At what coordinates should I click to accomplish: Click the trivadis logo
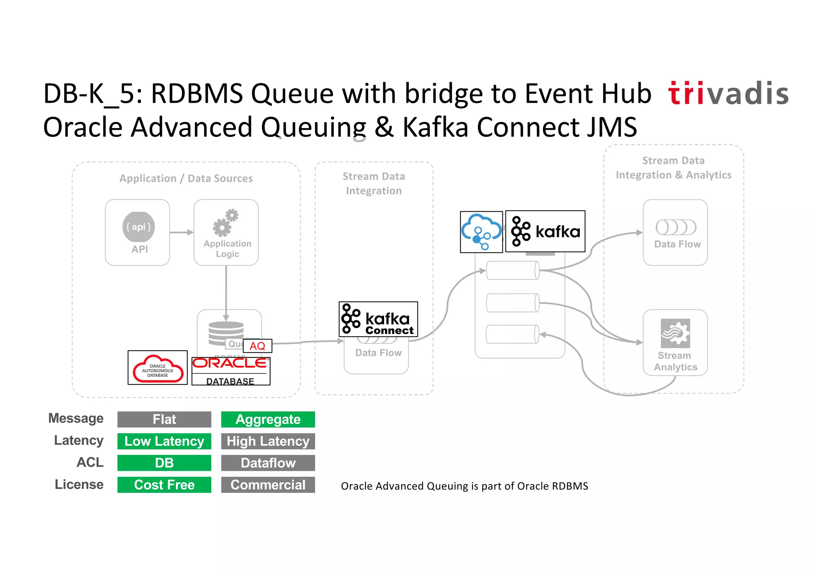coord(728,94)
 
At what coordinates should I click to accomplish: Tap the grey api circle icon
coord(138,227)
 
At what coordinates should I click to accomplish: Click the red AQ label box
coord(257,346)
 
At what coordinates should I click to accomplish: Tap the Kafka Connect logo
coord(378,319)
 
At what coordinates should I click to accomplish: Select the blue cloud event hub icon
coord(481,232)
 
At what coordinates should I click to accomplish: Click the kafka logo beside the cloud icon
coord(545,231)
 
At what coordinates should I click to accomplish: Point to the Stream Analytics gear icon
coord(675,333)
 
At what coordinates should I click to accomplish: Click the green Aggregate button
coord(268,420)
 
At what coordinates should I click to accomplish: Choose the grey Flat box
coord(164,420)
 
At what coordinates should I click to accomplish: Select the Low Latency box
coord(164,441)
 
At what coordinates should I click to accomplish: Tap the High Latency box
coord(268,441)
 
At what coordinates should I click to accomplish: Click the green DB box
coord(164,463)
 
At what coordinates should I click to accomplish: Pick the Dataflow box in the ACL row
coord(268,463)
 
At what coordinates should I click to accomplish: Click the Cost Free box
coord(164,485)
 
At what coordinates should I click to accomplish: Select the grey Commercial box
coord(268,485)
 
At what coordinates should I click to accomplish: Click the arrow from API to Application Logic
coord(182,232)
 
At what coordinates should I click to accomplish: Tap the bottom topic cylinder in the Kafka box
coord(512,334)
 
